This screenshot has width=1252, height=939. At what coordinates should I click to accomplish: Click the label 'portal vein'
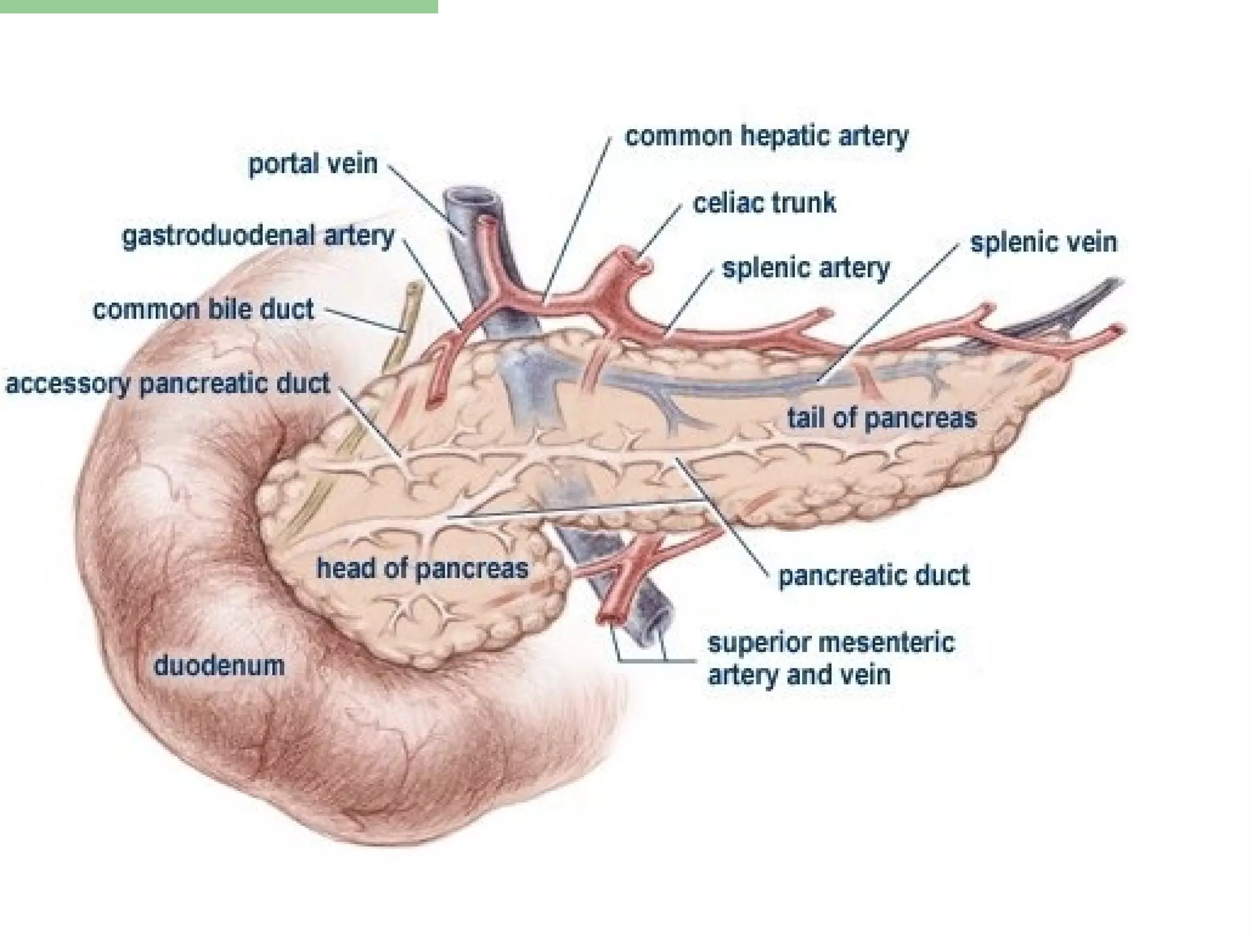click(x=312, y=164)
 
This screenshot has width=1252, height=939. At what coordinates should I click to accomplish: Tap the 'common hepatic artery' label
click(x=767, y=136)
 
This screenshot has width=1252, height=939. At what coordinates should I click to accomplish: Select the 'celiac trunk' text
click(x=764, y=202)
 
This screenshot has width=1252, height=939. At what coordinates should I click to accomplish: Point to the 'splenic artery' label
click(x=806, y=268)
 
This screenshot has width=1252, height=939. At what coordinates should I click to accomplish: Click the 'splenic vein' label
click(x=1044, y=242)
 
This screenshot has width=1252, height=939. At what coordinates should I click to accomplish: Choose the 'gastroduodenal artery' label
click(x=259, y=236)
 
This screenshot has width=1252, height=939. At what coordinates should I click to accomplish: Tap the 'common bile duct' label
click(x=203, y=309)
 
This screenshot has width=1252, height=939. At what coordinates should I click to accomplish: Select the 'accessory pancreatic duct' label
click(x=168, y=384)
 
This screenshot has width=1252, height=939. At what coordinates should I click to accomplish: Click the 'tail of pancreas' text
click(x=882, y=418)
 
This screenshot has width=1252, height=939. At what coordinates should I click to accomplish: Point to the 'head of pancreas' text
click(x=422, y=569)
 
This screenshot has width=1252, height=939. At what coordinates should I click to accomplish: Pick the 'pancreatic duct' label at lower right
click(x=874, y=575)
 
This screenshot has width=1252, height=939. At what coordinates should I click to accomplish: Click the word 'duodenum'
click(x=219, y=665)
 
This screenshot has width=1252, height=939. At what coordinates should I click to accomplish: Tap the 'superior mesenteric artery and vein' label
click(x=831, y=658)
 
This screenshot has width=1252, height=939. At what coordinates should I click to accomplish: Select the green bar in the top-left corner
click(x=219, y=6)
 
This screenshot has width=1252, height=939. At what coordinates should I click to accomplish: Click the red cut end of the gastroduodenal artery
click(x=434, y=401)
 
